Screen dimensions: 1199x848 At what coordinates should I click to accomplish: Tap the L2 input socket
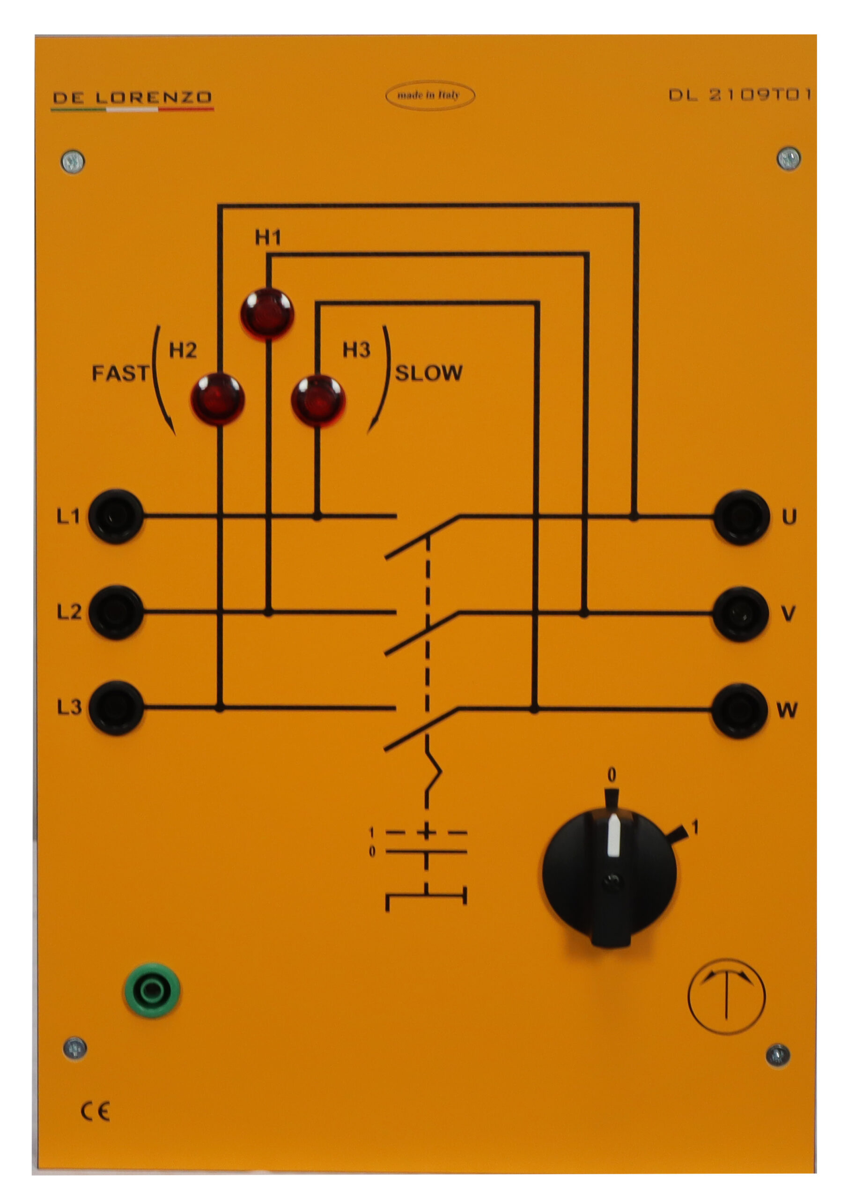tap(115, 612)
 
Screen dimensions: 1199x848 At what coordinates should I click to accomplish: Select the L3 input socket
tap(115, 708)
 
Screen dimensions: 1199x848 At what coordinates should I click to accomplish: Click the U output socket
tap(740, 517)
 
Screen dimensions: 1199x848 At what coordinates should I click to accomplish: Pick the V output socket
tap(740, 614)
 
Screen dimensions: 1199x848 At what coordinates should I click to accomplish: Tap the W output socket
tap(739, 710)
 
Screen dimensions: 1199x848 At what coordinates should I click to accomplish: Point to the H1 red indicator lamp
tap(267, 314)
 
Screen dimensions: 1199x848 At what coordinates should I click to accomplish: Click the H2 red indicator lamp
tap(217, 399)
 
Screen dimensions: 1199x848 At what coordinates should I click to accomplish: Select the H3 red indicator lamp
tap(317, 400)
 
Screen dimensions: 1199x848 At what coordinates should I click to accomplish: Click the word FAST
tap(120, 373)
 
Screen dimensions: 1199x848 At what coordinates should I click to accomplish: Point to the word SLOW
tap(428, 373)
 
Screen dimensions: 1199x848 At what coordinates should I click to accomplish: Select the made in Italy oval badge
tap(429, 95)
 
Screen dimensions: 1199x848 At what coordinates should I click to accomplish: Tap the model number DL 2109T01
tap(739, 95)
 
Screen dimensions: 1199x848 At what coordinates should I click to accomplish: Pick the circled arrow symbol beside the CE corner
tap(726, 996)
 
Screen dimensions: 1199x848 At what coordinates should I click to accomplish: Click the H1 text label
tap(267, 237)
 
